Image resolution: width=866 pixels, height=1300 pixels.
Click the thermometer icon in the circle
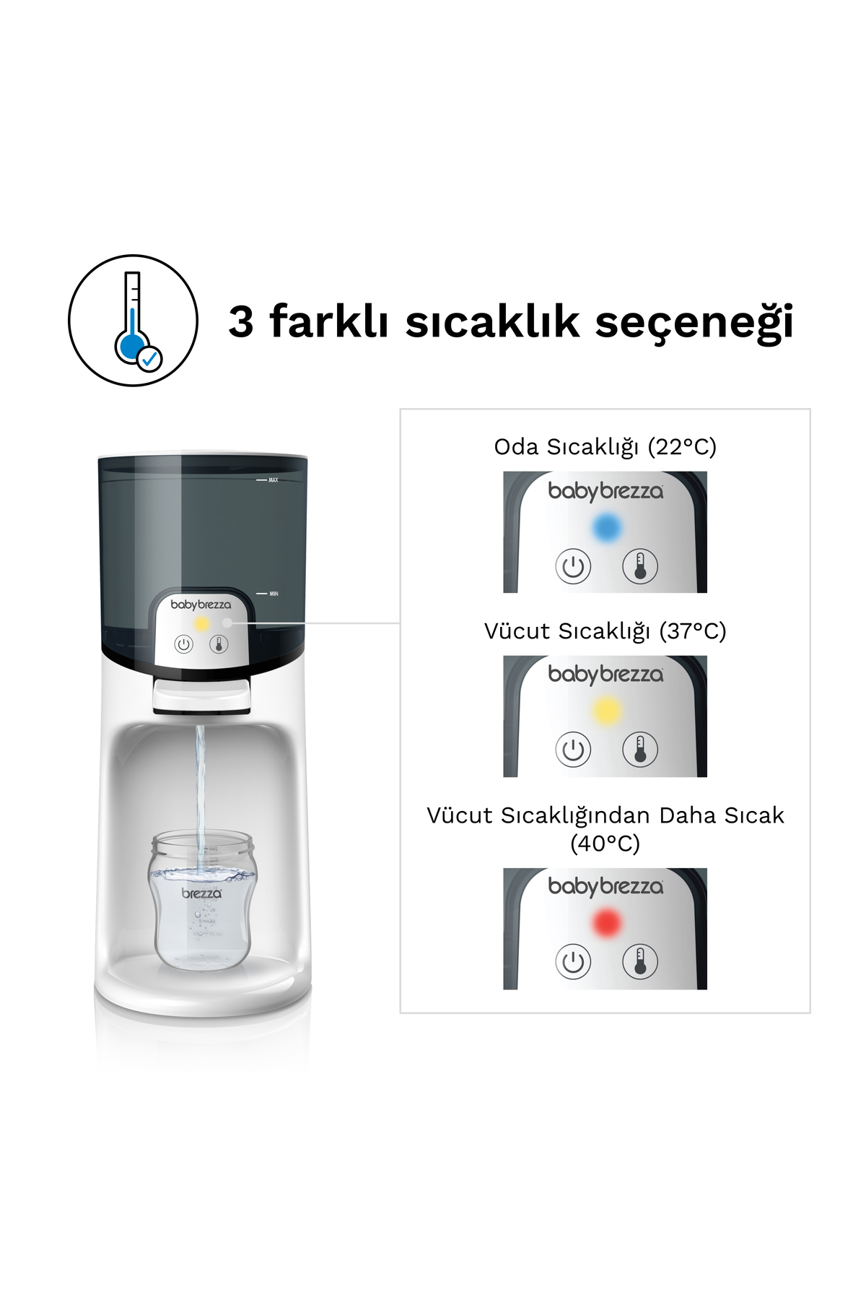point(134,320)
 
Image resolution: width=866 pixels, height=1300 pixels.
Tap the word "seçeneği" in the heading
point(694,323)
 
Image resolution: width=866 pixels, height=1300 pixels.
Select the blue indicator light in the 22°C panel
point(607,528)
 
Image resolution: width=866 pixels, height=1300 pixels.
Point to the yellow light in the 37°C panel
point(607,711)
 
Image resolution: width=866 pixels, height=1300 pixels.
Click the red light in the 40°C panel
point(607,923)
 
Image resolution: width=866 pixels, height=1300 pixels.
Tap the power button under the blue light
point(573,566)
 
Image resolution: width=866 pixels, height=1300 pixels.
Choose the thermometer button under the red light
point(640,961)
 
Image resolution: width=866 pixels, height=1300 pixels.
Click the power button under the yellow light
point(573,750)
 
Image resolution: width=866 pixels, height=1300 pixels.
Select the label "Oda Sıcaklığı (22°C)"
point(605,447)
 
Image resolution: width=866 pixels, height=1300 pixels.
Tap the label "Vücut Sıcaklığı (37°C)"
point(605,631)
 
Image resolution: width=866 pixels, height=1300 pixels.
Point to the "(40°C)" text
point(605,844)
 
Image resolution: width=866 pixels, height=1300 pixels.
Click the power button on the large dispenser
point(184,644)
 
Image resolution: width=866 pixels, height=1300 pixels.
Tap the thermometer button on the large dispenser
point(219,644)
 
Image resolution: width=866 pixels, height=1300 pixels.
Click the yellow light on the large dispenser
point(202,624)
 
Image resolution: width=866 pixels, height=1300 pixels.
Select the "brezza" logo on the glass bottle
point(201,893)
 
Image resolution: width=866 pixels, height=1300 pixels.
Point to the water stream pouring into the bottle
point(200,787)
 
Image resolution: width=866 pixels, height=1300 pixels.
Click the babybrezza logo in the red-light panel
point(605,886)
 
